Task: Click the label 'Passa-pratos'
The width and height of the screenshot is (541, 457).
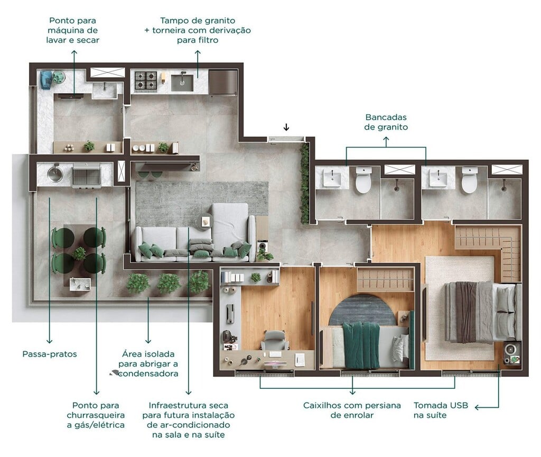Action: pyautogui.click(x=50, y=354)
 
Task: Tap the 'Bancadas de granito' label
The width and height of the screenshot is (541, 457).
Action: pyautogui.click(x=386, y=122)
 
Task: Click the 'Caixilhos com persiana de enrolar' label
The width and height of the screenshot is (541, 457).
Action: pyautogui.click(x=352, y=410)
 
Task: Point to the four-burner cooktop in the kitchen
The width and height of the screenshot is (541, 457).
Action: pyautogui.click(x=146, y=81)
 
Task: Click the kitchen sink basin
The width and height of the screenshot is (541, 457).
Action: pyautogui.click(x=182, y=81)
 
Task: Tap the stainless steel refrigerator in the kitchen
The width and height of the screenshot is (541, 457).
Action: pyautogui.click(x=222, y=82)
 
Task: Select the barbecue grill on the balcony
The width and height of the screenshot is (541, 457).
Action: pyautogui.click(x=86, y=175)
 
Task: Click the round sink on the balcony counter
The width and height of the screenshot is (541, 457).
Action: pyautogui.click(x=54, y=173)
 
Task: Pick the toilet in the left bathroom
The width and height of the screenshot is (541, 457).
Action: pyautogui.click(x=363, y=180)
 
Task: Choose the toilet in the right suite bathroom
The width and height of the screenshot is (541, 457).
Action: pyautogui.click(x=469, y=180)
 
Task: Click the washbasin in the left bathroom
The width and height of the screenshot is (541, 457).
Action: pyautogui.click(x=332, y=178)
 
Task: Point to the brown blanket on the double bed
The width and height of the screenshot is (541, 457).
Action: pyautogui.click(x=465, y=312)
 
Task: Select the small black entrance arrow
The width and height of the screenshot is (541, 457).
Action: pyautogui.click(x=286, y=127)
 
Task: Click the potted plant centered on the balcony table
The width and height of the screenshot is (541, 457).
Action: pyautogui.click(x=79, y=253)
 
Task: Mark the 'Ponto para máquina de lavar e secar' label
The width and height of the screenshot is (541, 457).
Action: pyautogui.click(x=74, y=30)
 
